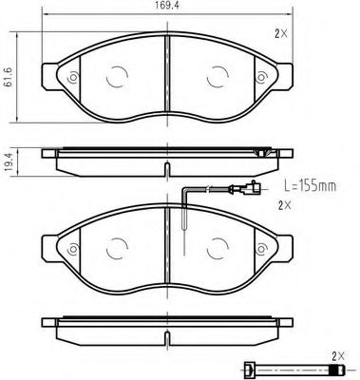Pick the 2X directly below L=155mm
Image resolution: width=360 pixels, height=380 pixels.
tap(282, 204)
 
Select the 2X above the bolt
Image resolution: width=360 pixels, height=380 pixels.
tap(333, 354)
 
